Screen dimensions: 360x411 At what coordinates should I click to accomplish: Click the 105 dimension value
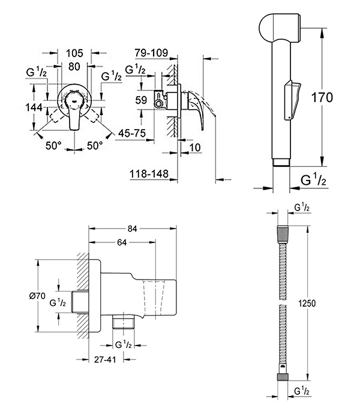click(x=74, y=53)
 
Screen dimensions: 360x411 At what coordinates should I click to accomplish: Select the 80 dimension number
click(x=74, y=67)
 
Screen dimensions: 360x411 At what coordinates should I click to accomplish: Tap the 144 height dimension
click(x=34, y=107)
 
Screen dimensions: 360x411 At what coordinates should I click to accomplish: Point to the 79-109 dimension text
click(x=151, y=53)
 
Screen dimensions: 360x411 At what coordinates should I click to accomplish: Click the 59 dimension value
click(x=142, y=100)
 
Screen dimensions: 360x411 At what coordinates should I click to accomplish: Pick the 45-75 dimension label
click(x=131, y=133)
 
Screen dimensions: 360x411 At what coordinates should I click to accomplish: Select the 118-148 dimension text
click(x=149, y=173)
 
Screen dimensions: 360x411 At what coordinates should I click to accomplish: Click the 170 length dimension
click(x=322, y=98)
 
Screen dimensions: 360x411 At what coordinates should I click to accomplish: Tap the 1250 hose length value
click(x=307, y=304)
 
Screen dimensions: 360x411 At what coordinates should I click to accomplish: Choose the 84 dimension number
click(x=133, y=229)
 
